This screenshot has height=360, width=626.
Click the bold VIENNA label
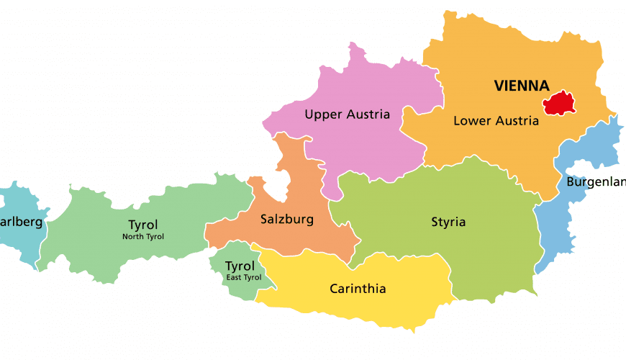click(522, 86)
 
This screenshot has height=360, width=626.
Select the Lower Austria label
click(496, 121)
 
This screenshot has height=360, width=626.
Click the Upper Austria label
click(347, 114)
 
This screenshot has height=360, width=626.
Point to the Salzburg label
click(286, 220)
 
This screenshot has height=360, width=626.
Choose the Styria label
click(448, 222)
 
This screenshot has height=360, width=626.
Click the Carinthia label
click(358, 289)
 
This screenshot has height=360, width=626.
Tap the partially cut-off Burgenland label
click(596, 181)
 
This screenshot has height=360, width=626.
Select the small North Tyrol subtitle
click(142, 237)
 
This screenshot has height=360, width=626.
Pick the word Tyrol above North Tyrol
click(142, 225)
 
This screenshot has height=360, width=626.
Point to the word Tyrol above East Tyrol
click(240, 266)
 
